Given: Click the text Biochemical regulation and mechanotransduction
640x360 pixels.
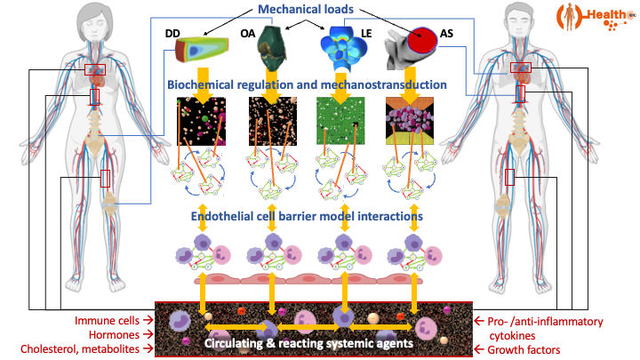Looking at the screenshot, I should (307, 84).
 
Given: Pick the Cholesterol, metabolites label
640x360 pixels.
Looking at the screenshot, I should (84, 349).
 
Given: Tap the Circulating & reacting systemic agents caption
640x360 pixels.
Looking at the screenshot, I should (308, 342).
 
